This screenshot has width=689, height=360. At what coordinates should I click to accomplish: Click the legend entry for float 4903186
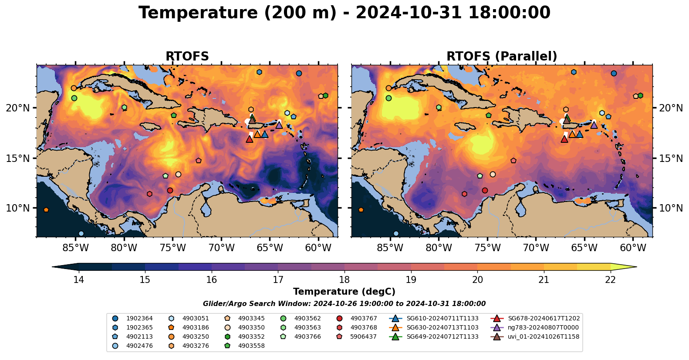196,327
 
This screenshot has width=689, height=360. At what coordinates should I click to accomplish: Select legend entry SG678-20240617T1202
544,318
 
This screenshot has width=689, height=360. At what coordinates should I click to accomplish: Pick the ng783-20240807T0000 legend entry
543,327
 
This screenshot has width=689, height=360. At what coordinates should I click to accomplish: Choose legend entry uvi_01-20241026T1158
544,336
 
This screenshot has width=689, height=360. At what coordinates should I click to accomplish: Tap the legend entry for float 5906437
363,336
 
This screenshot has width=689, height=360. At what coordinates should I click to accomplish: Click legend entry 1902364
139,318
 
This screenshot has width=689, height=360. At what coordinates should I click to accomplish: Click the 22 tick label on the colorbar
611,279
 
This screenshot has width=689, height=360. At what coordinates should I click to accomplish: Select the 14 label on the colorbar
78,279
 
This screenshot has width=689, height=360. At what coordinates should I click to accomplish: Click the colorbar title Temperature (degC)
344,292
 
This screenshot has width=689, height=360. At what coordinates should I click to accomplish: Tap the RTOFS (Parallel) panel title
502,57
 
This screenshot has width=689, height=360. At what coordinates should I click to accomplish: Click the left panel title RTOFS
187,57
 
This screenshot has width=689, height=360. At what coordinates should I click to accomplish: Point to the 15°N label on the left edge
18,158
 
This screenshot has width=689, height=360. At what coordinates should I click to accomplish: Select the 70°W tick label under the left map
222,248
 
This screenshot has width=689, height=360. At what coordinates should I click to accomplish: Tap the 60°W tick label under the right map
633,248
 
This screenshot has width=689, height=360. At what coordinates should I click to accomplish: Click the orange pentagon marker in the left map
46,210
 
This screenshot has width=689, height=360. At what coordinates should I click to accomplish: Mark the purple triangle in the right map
594,125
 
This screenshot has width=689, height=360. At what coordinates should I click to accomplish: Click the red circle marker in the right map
485,190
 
